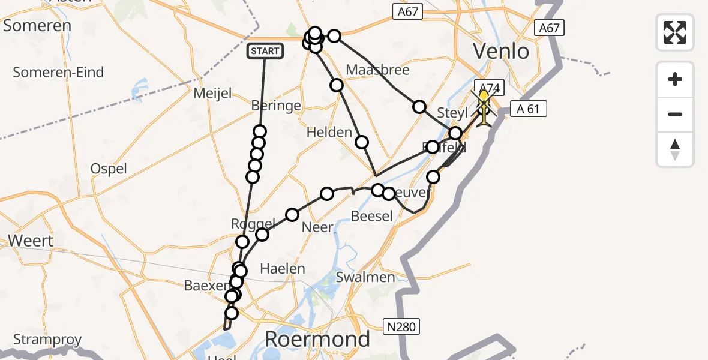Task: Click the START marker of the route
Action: (265, 51)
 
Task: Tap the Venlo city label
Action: (502, 51)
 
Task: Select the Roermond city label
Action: (317, 340)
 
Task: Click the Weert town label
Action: (31, 241)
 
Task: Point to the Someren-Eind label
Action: (58, 72)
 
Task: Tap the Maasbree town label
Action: (377, 70)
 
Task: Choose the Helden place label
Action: (329, 132)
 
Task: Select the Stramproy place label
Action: (47, 340)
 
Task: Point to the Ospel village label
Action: (109, 169)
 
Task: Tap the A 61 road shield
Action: (528, 109)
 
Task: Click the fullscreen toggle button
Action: (675, 32)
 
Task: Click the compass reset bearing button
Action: (675, 149)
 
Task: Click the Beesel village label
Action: (371, 216)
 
